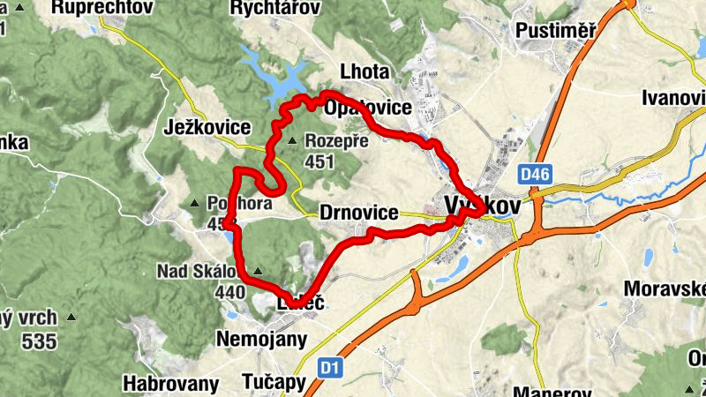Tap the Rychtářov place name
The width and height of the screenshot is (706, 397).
(x=273, y=8)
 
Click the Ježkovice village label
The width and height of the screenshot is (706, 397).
(x=207, y=128)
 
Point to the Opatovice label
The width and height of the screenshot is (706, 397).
(x=369, y=109)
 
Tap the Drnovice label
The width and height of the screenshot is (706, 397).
(x=356, y=213)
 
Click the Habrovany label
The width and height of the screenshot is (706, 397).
(x=170, y=383)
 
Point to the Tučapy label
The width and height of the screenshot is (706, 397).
(x=274, y=383)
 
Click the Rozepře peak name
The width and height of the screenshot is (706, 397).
(x=329, y=140)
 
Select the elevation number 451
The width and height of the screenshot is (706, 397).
(x=319, y=161)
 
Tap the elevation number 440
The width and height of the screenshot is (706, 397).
(x=229, y=291)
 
